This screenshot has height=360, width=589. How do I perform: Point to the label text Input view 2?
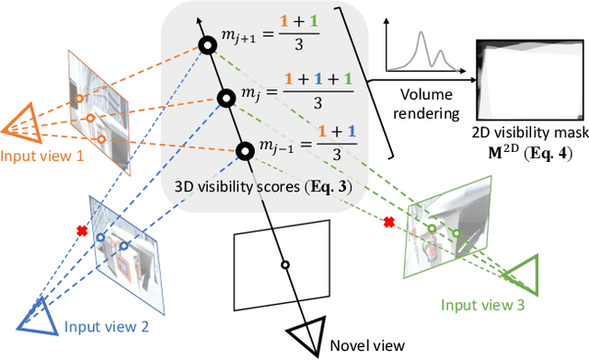pos(102,325)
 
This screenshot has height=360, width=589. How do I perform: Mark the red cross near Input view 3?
pos(389,222)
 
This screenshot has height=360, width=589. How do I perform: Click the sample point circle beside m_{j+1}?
pos(209,44)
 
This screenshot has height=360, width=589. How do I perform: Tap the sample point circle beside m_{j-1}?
pos(245,151)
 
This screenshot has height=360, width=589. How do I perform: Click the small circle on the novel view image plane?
pos(284,265)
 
